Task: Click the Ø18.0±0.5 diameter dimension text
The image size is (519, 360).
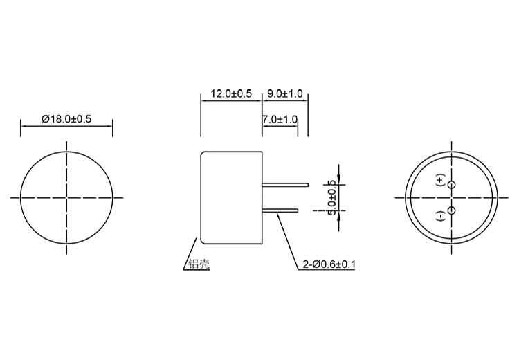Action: click(66, 119)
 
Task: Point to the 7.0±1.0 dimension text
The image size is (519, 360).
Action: click(280, 119)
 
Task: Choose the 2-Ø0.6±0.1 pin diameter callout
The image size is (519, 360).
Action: click(328, 264)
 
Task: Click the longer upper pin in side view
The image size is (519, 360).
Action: click(285, 184)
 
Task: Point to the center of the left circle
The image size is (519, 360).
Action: click(67, 197)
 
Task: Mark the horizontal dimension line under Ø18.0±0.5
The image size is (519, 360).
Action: click(67, 126)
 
